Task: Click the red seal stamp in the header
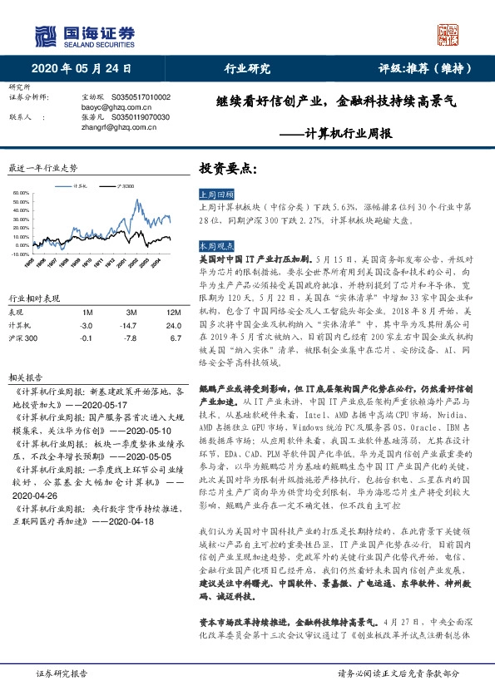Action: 448,35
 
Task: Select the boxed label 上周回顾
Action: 213,193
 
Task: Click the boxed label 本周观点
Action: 213,247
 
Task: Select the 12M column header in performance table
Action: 173,312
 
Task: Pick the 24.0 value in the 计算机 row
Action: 173,326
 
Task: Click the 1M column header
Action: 87,312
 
